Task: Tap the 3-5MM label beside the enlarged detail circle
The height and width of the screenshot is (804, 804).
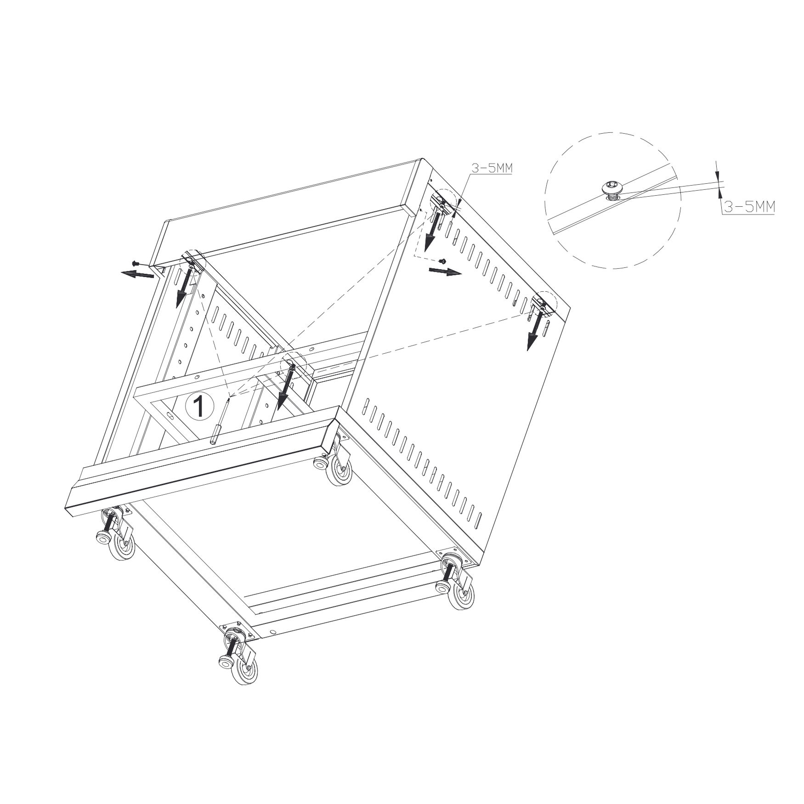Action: (x=748, y=207)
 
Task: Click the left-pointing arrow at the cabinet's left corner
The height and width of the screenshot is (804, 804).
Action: (x=137, y=274)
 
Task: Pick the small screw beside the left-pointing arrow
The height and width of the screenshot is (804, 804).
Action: (x=135, y=263)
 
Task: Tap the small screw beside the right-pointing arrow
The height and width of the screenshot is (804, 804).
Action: (x=442, y=260)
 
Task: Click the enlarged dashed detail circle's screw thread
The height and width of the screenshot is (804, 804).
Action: (x=612, y=196)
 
